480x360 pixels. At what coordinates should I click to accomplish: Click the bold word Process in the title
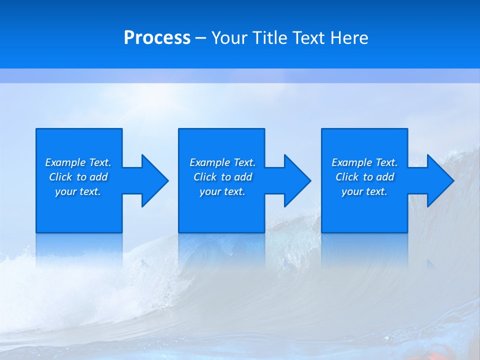tap(157, 38)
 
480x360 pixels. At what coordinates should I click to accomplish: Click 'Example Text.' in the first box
tap(78, 162)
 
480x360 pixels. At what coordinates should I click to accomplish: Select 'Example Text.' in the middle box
tap(222, 162)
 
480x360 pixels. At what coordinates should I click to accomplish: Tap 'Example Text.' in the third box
tap(364, 162)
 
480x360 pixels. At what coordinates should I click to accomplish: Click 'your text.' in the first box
tap(78, 191)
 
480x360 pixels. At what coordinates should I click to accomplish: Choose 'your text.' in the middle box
tap(222, 191)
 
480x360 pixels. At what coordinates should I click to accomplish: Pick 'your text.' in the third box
tap(364, 191)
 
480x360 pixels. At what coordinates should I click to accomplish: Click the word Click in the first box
tap(60, 177)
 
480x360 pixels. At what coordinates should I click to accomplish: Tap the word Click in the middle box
tap(205, 177)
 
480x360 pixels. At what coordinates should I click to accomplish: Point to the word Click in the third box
tap(347, 177)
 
